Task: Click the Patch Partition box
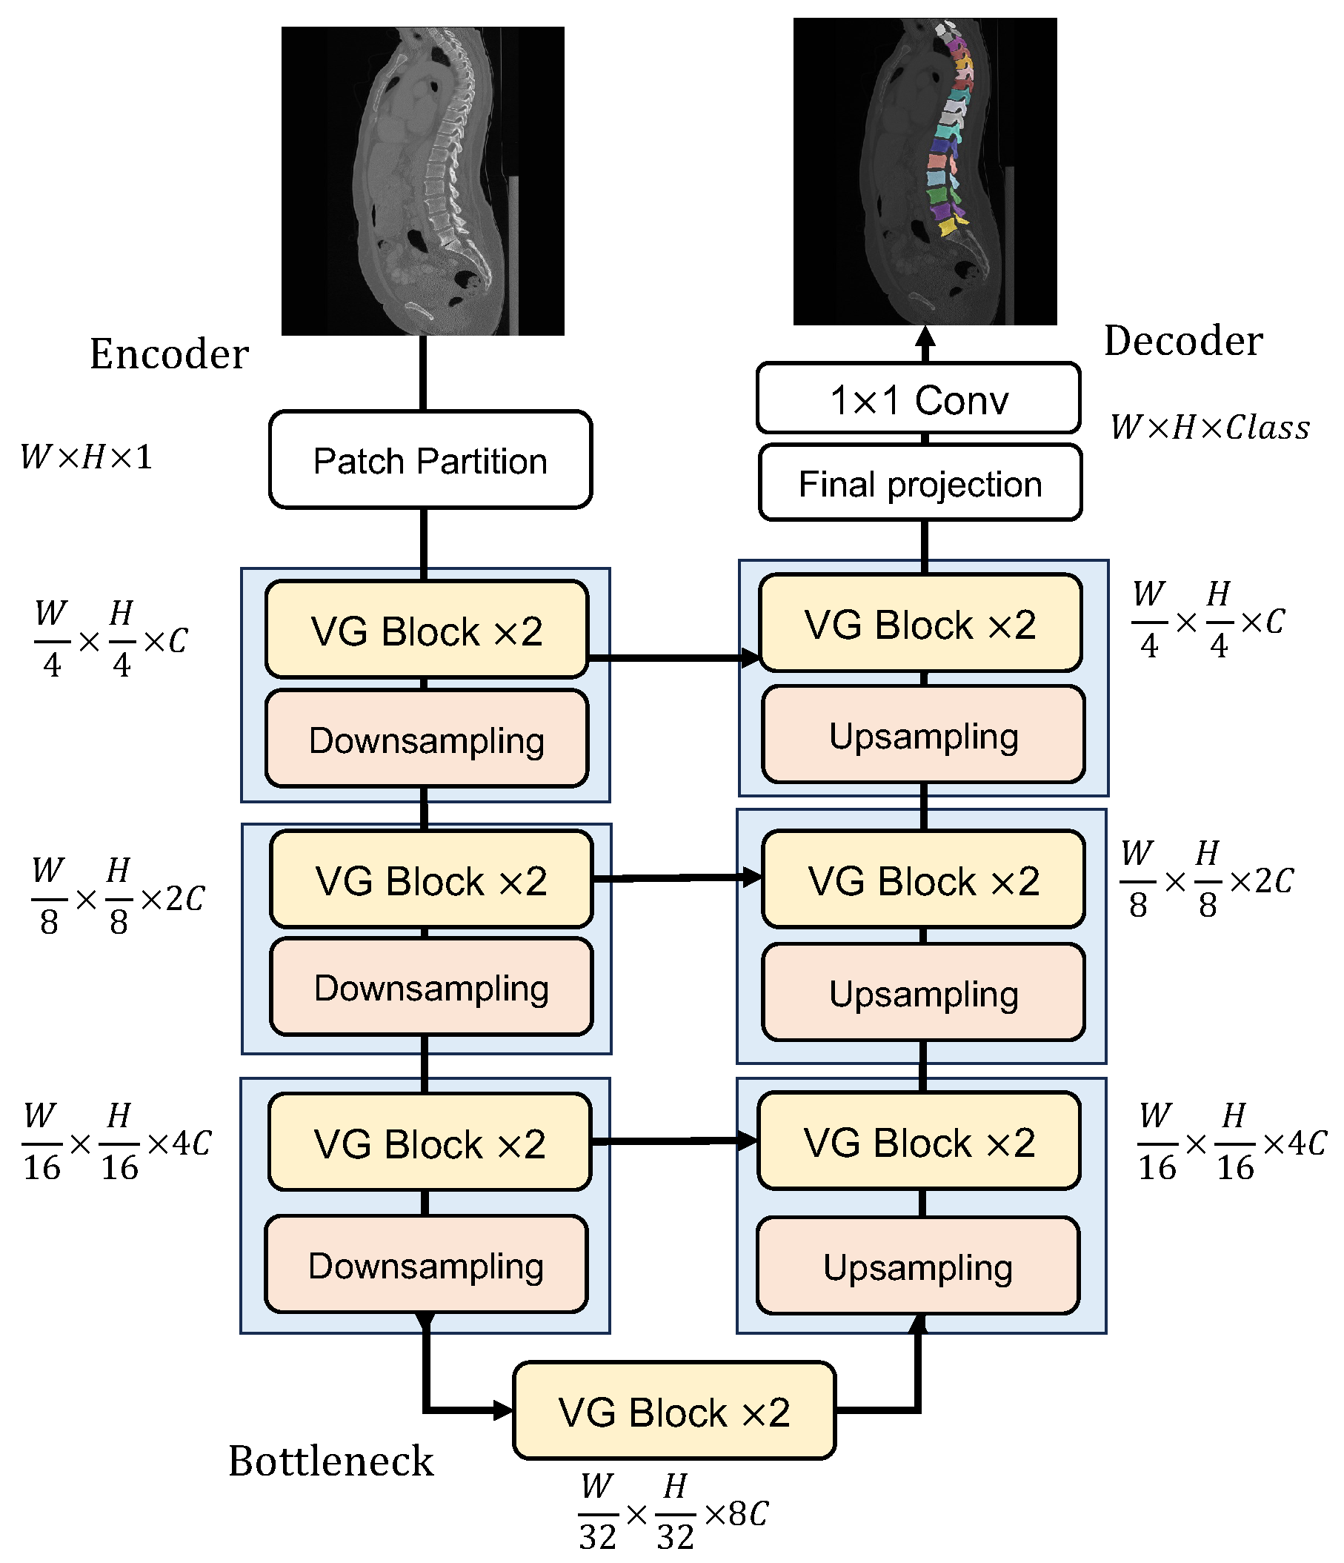pyautogui.click(x=430, y=459)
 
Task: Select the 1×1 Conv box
pyautogui.click(x=918, y=398)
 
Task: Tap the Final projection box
pyautogui.click(x=919, y=482)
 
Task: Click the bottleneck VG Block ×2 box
pyautogui.click(x=673, y=1410)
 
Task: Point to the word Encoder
pyautogui.click(x=169, y=354)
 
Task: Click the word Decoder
pyautogui.click(x=1182, y=341)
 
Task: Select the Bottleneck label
pyautogui.click(x=330, y=1461)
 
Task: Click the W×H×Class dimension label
pyautogui.click(x=1209, y=428)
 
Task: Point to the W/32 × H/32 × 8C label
pyautogui.click(x=673, y=1513)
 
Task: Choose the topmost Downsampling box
pyautogui.click(x=426, y=738)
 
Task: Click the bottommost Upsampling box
pyautogui.click(x=917, y=1267)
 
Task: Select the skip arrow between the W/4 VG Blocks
pyautogui.click(x=673, y=659)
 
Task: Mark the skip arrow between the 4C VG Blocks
pyautogui.click(x=673, y=1141)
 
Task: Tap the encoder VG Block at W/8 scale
pyautogui.click(x=430, y=880)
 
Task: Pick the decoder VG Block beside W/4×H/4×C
pyautogui.click(x=920, y=624)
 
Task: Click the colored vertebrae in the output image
pyautogui.click(x=948, y=136)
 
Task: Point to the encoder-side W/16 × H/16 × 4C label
pyautogui.click(x=117, y=1141)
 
